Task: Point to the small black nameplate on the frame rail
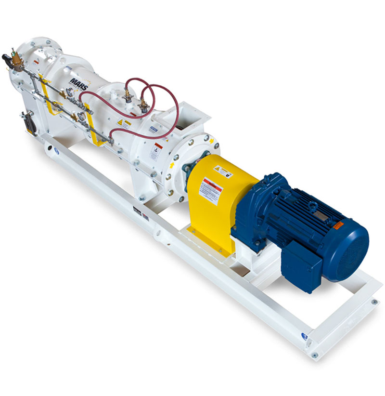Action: click(139, 211)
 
